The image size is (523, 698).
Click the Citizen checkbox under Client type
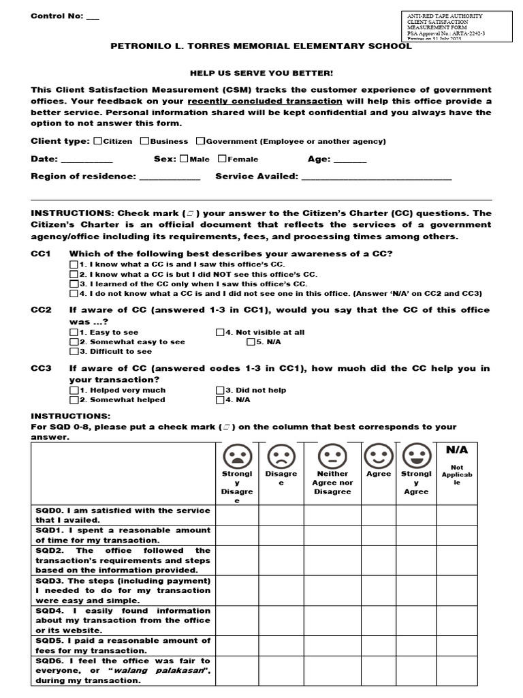(x=98, y=141)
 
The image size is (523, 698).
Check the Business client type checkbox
(x=145, y=141)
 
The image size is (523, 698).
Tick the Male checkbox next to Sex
(x=185, y=159)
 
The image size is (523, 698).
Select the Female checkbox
(x=223, y=159)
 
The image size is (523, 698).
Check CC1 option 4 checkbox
(x=74, y=294)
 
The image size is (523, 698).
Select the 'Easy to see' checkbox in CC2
(x=74, y=333)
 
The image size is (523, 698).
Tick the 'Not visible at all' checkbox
(x=220, y=333)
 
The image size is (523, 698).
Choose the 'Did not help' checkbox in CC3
(x=220, y=391)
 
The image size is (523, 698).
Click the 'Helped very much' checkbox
(x=74, y=391)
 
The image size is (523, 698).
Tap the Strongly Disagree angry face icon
(x=237, y=455)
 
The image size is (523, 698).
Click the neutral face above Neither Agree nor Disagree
(x=332, y=455)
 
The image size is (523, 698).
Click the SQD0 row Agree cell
(x=379, y=515)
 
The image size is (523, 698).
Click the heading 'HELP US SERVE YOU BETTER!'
(x=261, y=73)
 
